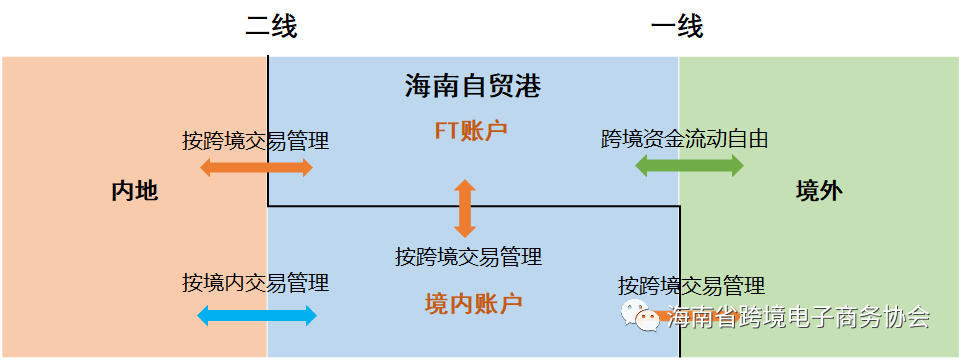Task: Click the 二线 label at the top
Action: point(271,27)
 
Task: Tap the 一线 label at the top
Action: point(677,27)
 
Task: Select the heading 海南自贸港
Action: point(473,87)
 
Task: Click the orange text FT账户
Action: point(470,130)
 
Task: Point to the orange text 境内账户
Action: point(473,302)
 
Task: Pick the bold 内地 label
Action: point(135,191)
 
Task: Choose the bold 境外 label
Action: point(819,191)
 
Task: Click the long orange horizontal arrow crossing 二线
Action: point(257,167)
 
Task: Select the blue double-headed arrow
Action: point(257,316)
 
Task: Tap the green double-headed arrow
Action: point(689,166)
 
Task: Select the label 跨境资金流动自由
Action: point(685,139)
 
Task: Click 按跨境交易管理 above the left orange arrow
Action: point(255,140)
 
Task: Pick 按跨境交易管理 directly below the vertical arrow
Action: point(468,257)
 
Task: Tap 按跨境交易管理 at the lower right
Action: point(691,286)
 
